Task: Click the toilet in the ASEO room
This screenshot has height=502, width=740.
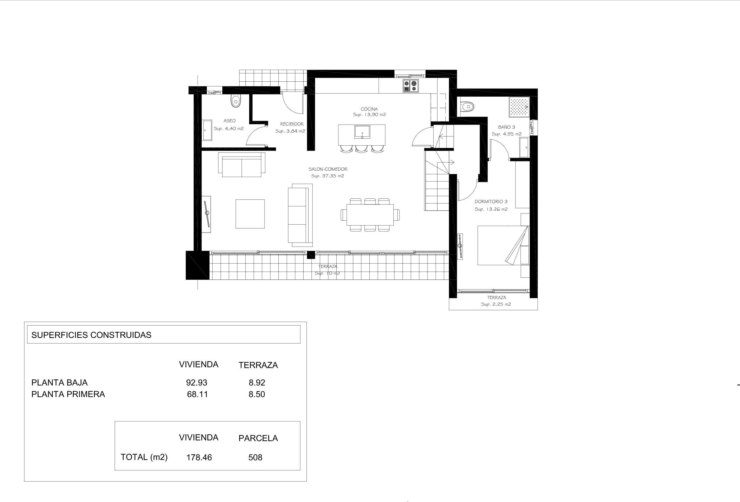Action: click(236, 100)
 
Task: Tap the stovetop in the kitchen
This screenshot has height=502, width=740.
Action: click(411, 86)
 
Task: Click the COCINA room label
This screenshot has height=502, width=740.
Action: click(369, 109)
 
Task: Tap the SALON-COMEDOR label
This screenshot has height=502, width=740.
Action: click(328, 169)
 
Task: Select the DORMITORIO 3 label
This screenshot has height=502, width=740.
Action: click(491, 202)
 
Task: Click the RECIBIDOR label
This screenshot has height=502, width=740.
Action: click(292, 124)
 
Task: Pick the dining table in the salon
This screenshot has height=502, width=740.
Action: click(370, 215)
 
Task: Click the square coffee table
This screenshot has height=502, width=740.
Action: click(250, 214)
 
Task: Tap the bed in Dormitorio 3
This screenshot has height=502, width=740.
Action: click(503, 245)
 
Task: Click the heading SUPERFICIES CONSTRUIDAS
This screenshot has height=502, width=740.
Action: click(91, 335)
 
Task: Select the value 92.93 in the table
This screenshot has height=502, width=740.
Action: click(197, 382)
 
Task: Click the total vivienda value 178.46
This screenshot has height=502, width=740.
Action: click(199, 457)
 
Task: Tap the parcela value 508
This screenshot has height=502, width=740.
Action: click(255, 457)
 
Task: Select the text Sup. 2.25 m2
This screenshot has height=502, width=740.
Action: click(496, 304)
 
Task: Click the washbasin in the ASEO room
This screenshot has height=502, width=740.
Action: click(207, 130)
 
